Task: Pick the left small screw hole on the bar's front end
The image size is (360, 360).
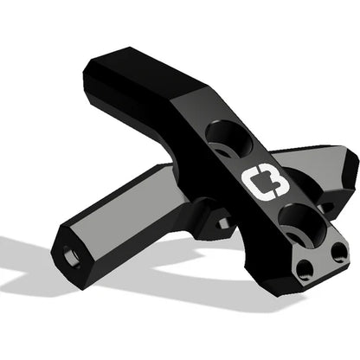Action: [x=304, y=269]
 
